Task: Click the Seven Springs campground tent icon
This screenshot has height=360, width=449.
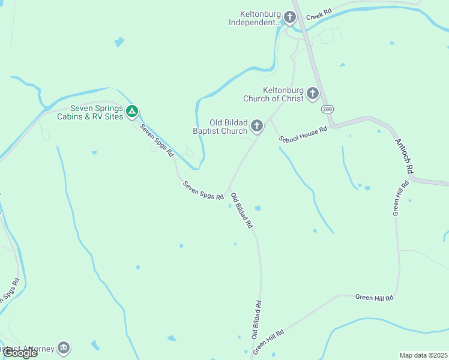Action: click(133, 111)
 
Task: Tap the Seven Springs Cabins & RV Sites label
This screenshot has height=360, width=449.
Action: click(96, 112)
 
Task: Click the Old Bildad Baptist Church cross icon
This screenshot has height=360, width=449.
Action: click(257, 126)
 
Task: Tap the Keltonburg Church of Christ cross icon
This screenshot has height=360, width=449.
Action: click(312, 94)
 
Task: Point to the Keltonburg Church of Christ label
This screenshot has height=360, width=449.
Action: click(273, 94)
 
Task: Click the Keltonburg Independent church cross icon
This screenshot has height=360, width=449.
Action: click(290, 17)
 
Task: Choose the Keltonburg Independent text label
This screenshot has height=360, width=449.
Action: click(255, 18)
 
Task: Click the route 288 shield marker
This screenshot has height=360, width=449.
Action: click(327, 109)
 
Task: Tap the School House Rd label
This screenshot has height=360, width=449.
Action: click(303, 134)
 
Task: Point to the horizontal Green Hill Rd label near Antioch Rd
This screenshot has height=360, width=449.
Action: click(373, 297)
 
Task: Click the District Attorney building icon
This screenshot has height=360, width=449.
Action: click(64, 348)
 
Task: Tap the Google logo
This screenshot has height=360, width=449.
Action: click(19, 353)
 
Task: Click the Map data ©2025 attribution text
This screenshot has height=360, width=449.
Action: click(423, 355)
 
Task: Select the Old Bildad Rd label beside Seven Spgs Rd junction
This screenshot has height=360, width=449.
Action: click(241, 210)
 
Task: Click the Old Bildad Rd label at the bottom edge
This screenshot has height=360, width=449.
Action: click(256, 318)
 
